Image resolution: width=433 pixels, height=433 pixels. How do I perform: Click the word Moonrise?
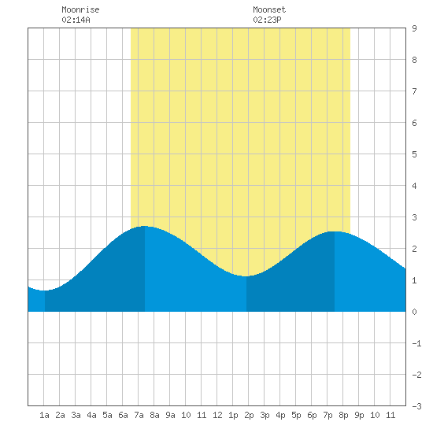(80, 9)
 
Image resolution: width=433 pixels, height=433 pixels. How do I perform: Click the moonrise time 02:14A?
(76, 20)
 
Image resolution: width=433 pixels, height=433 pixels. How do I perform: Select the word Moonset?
(269, 9)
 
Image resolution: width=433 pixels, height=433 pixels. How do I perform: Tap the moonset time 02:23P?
(267, 20)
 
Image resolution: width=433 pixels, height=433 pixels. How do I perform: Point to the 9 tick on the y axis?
(414, 28)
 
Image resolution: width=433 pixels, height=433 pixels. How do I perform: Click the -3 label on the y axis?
(416, 406)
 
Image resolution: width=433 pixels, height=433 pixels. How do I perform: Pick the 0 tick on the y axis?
(414, 312)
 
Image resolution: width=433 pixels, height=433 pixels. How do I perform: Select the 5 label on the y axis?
(414, 154)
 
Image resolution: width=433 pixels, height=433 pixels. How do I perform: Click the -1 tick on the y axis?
(416, 343)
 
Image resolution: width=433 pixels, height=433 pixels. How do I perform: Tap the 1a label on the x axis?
(44, 415)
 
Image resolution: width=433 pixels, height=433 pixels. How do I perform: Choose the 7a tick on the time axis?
(139, 415)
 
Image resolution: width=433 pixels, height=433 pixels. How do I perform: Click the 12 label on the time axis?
(217, 415)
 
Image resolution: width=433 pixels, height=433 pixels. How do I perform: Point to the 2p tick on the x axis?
(249, 415)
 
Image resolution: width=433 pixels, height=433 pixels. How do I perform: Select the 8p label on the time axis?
(343, 415)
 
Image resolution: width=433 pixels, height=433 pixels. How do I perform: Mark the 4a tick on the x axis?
(91, 415)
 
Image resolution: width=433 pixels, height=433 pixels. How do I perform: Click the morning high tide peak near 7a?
(145, 226)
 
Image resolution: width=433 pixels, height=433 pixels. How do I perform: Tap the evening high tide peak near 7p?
(335, 231)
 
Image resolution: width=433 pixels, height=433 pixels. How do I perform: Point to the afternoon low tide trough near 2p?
(246, 276)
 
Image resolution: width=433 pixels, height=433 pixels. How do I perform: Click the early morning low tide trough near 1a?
(45, 291)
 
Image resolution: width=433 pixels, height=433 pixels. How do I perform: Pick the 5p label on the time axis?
(296, 415)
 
